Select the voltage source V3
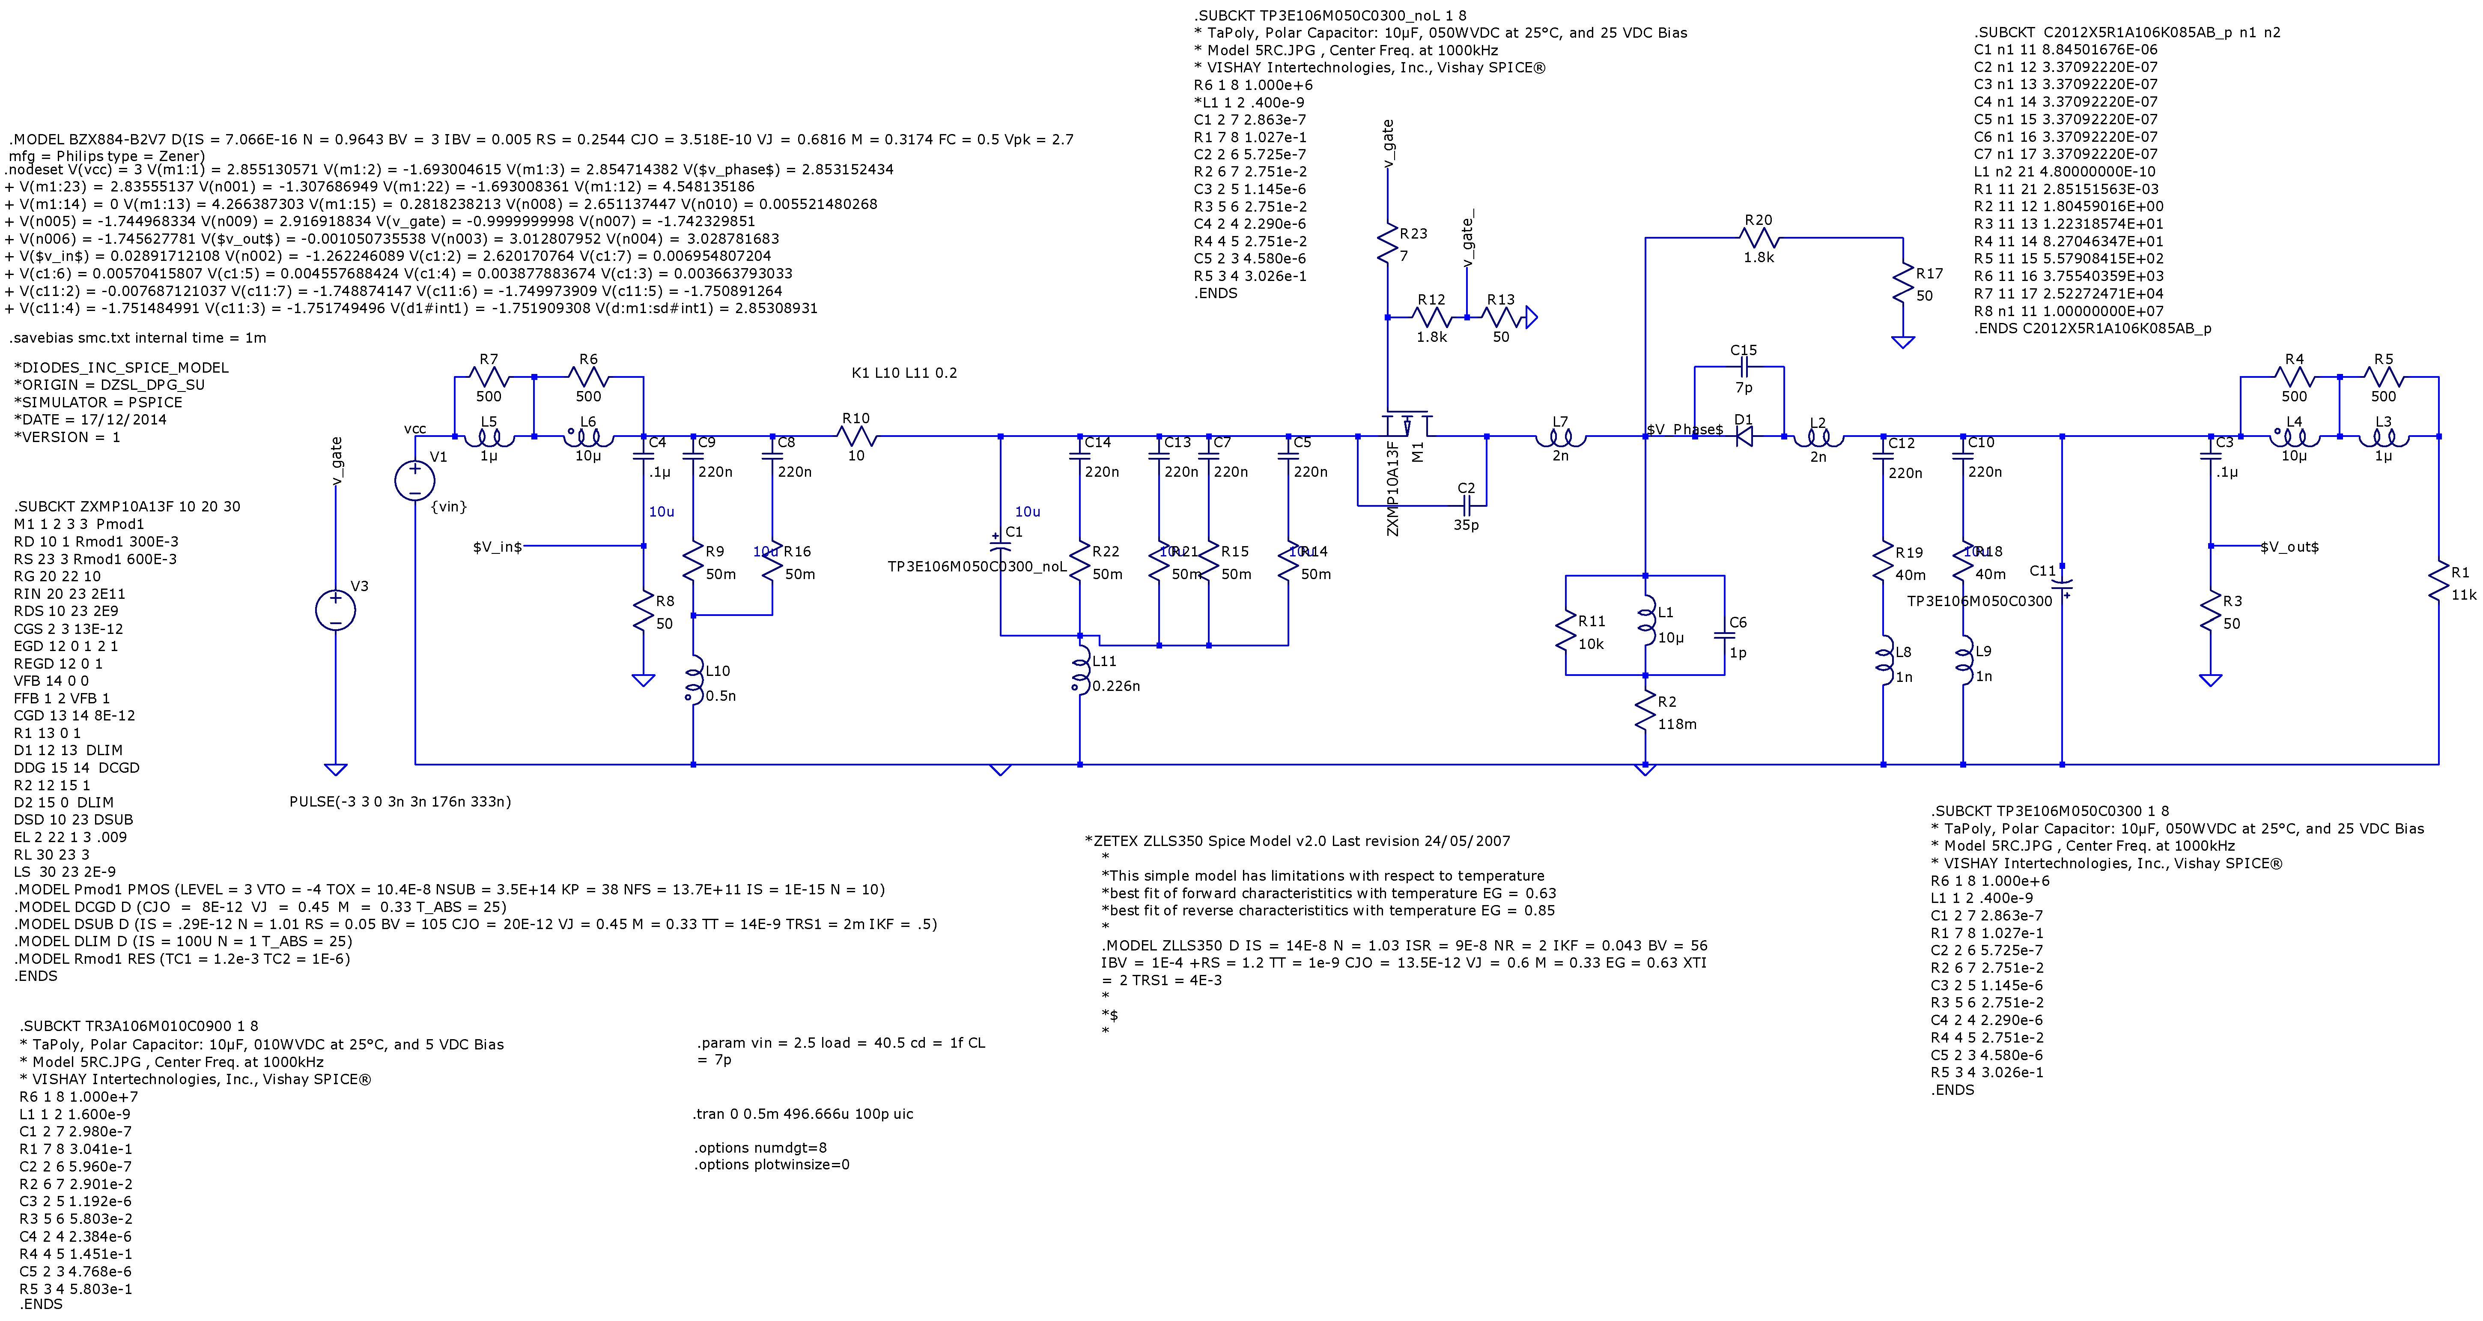pyautogui.click(x=335, y=610)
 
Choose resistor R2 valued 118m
pyautogui.click(x=1645, y=714)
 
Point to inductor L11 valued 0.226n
pyautogui.click(x=1081, y=672)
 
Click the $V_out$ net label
pyautogui.click(x=2289, y=547)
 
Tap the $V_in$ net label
pyautogui.click(x=498, y=547)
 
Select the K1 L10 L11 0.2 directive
pyautogui.click(x=904, y=373)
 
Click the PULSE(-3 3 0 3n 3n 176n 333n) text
pyautogui.click(x=400, y=801)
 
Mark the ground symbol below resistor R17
pyautogui.click(x=1903, y=341)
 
